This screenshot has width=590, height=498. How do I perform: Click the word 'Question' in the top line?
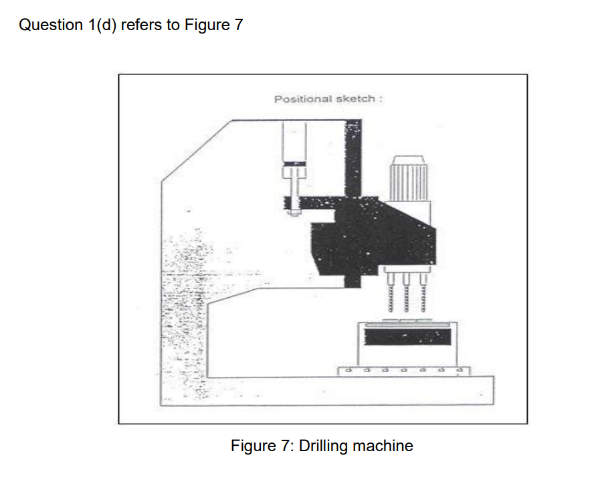tap(47, 25)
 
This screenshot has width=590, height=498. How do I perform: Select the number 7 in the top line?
tap(239, 25)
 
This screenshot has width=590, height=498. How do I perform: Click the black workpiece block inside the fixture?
tap(407, 337)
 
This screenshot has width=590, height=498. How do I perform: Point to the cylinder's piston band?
tap(294, 164)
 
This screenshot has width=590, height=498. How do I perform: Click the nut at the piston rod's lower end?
tap(293, 214)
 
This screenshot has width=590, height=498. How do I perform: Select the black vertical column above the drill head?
tap(352, 157)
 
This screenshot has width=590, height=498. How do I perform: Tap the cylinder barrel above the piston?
tap(294, 141)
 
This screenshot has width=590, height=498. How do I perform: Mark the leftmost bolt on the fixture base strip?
tap(346, 369)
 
